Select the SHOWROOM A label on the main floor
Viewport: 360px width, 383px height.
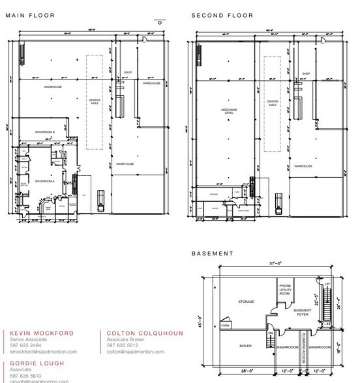pos(44,180)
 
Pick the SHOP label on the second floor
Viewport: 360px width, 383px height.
pos(305,74)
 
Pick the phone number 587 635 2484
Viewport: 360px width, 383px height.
pos(24,345)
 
